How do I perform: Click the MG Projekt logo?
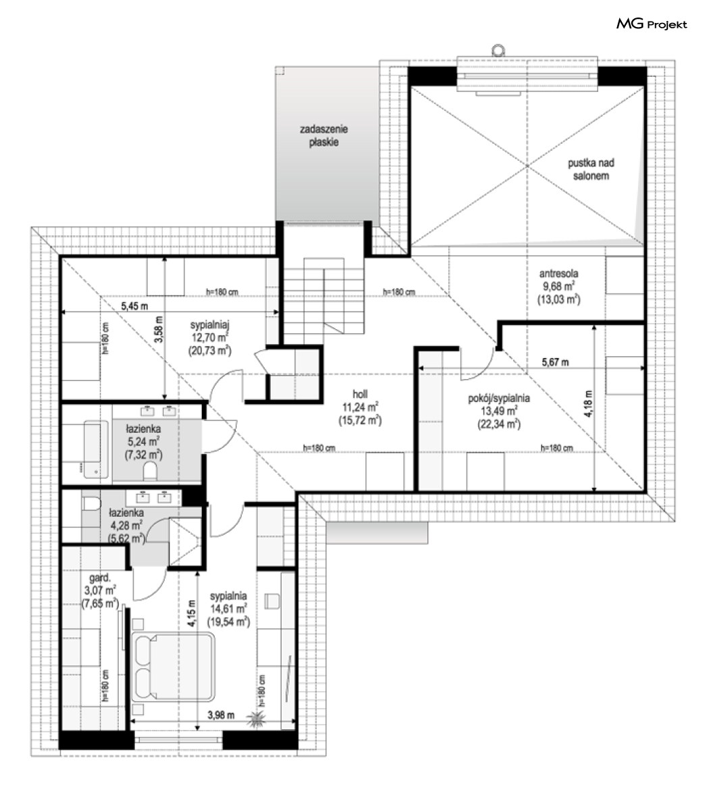click(652, 24)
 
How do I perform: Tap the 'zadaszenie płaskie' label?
click(323, 136)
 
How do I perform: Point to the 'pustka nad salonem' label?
click(592, 169)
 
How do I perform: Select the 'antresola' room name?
click(559, 273)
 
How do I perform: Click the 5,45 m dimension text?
click(134, 306)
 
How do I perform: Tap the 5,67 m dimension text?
click(555, 362)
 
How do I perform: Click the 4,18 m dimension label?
click(589, 404)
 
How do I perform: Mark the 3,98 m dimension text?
click(221, 715)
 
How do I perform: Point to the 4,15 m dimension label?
click(191, 613)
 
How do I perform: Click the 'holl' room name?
click(360, 395)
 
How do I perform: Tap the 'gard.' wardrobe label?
click(100, 578)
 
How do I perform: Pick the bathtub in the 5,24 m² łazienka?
click(96, 450)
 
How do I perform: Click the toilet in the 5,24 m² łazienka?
click(150, 470)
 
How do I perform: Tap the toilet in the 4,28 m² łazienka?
click(90, 502)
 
